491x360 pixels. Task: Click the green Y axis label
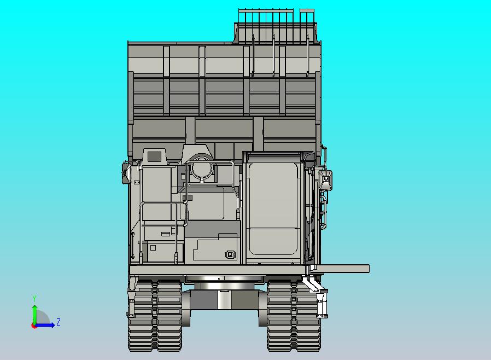click(x=34, y=298)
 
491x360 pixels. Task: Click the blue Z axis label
click(x=59, y=322)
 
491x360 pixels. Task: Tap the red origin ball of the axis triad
click(x=34, y=326)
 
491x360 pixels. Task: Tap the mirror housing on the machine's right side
click(x=326, y=179)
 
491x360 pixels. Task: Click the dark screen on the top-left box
click(x=154, y=156)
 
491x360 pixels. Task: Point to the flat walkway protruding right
click(x=342, y=269)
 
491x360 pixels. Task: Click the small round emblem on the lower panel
click(x=230, y=254)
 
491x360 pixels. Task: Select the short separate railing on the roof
click(x=307, y=16)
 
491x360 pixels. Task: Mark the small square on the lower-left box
click(x=153, y=248)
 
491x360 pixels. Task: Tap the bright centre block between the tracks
click(x=223, y=299)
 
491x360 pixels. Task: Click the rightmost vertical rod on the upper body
click(x=308, y=55)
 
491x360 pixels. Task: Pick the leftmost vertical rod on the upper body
click(x=253, y=55)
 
